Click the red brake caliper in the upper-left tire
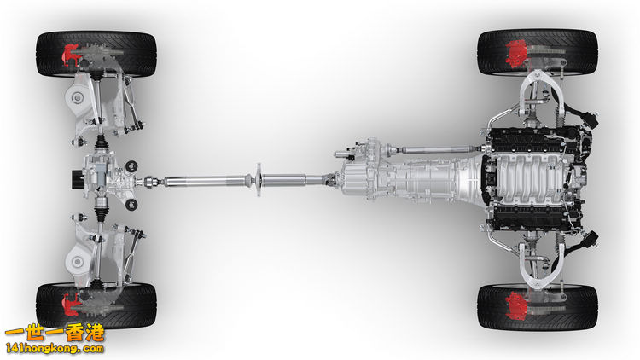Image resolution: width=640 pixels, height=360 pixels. click(69, 55)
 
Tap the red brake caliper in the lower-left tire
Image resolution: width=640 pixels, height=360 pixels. click(70, 305)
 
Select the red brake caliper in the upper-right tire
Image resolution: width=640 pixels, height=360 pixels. click(517, 54)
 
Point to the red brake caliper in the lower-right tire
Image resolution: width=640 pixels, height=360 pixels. click(517, 305)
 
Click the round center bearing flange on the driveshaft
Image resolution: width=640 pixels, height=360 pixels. click(259, 180)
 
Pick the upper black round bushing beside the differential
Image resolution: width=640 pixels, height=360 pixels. click(131, 165)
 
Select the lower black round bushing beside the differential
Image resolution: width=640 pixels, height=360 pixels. click(131, 204)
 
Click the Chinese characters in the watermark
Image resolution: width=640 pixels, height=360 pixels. click(55, 333)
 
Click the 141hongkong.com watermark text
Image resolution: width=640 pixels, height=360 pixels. click(55, 349)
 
